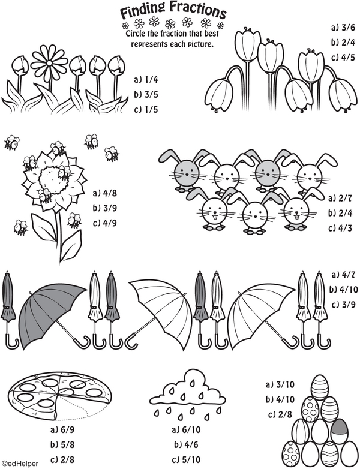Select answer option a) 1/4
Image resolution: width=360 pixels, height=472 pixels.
(146, 80)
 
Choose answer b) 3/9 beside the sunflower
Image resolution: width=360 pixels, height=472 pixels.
(105, 208)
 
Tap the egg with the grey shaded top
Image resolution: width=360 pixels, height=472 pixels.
(339, 430)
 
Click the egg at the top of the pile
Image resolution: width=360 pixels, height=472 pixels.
(319, 387)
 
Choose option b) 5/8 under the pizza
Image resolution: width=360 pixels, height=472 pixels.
(62, 444)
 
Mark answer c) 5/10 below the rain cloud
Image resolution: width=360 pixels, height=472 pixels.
(186, 459)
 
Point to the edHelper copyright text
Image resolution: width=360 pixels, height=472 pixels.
(20, 464)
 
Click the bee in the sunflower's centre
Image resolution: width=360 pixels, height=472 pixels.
(64, 172)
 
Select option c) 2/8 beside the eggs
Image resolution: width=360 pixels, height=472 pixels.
(280, 414)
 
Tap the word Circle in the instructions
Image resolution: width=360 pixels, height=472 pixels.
(136, 33)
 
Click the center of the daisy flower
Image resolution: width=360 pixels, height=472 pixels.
(49, 62)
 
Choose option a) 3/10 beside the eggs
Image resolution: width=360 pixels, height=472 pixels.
(280, 384)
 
